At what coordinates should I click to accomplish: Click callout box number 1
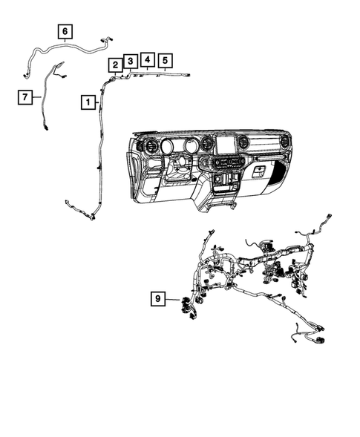88,101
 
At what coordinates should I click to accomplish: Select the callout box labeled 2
115,65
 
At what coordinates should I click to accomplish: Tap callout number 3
130,60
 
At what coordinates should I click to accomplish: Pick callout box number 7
27,96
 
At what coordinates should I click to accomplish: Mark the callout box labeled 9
157,299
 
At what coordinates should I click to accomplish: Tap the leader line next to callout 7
38,96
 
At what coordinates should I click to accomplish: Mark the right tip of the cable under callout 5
189,74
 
